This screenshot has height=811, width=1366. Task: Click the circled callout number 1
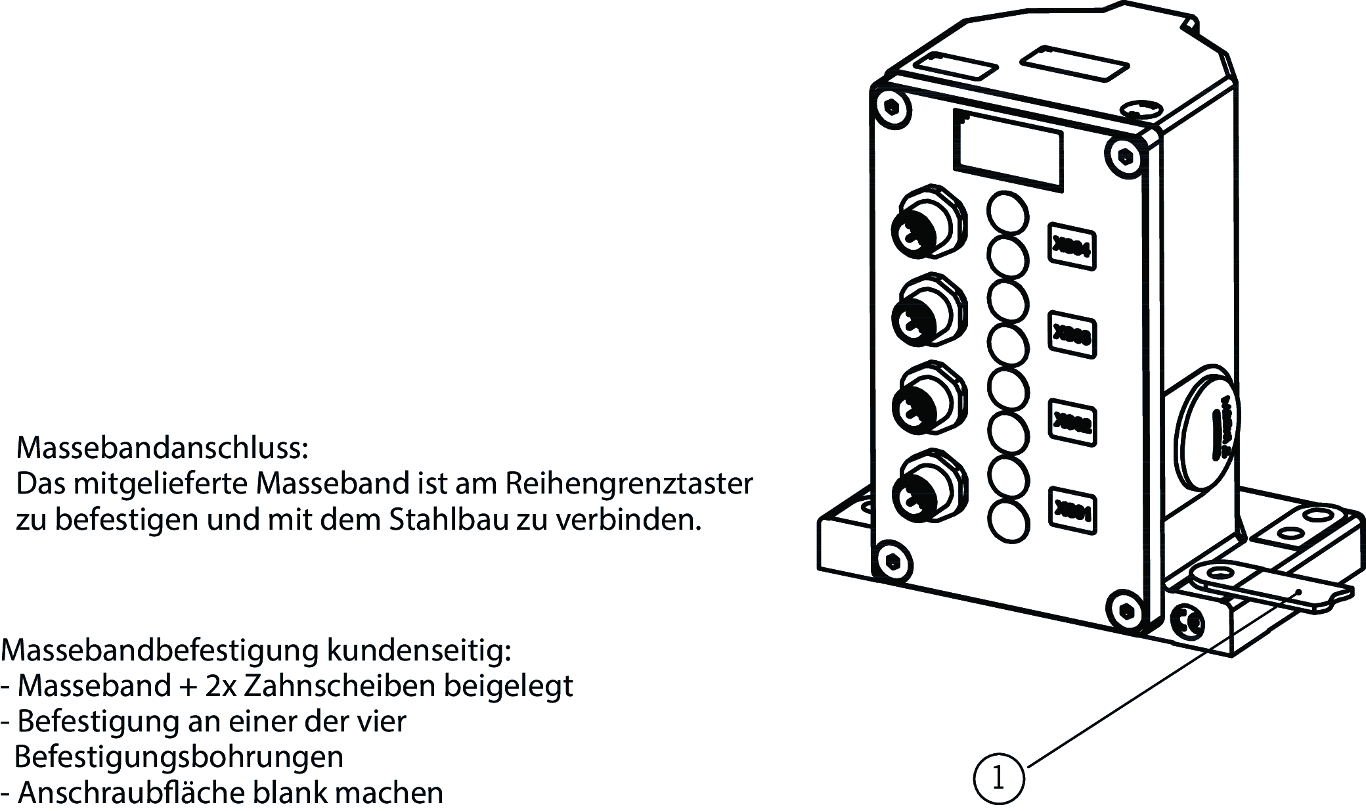[x=998, y=779]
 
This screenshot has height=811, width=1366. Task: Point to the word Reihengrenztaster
[x=628, y=484]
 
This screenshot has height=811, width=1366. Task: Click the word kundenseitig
[x=418, y=651]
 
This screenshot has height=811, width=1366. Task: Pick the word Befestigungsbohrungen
[x=179, y=757]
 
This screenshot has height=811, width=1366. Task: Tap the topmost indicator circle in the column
[x=1007, y=212]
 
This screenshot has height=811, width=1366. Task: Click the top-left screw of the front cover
[x=891, y=106]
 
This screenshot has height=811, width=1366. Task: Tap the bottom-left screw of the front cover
[x=891, y=561]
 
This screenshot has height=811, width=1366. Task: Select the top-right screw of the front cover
[x=1126, y=156]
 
